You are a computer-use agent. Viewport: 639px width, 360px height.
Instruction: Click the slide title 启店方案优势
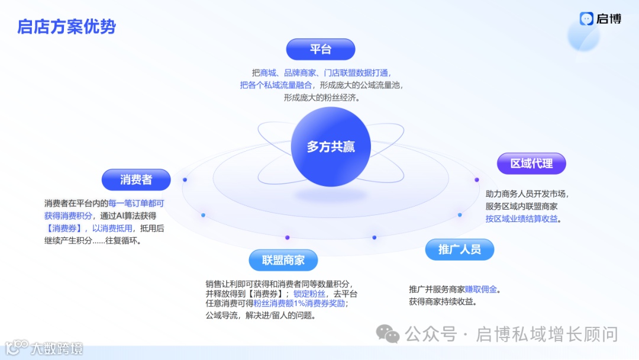(x=67, y=27)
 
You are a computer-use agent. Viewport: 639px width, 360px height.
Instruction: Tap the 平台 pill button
(x=320, y=49)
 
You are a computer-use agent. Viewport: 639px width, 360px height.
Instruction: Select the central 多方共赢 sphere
(x=331, y=147)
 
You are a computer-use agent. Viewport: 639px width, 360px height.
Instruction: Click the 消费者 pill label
(x=136, y=180)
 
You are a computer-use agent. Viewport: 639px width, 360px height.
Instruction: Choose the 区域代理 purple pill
(x=531, y=163)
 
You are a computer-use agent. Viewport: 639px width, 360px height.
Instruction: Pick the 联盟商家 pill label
(x=283, y=260)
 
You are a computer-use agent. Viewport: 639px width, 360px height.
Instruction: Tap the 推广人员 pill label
(x=459, y=249)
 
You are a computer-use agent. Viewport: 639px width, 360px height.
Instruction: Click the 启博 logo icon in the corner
(x=586, y=19)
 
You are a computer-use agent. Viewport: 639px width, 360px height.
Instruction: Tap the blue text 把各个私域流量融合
(x=276, y=85)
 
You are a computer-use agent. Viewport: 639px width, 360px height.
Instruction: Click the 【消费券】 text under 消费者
(x=64, y=228)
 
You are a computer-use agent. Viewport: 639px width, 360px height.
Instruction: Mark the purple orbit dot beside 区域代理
(x=476, y=180)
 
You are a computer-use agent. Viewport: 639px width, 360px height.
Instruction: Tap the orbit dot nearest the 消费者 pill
(x=185, y=179)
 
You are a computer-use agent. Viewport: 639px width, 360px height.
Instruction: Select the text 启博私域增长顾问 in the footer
(x=547, y=334)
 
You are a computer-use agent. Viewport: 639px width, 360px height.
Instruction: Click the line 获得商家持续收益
(x=443, y=301)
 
